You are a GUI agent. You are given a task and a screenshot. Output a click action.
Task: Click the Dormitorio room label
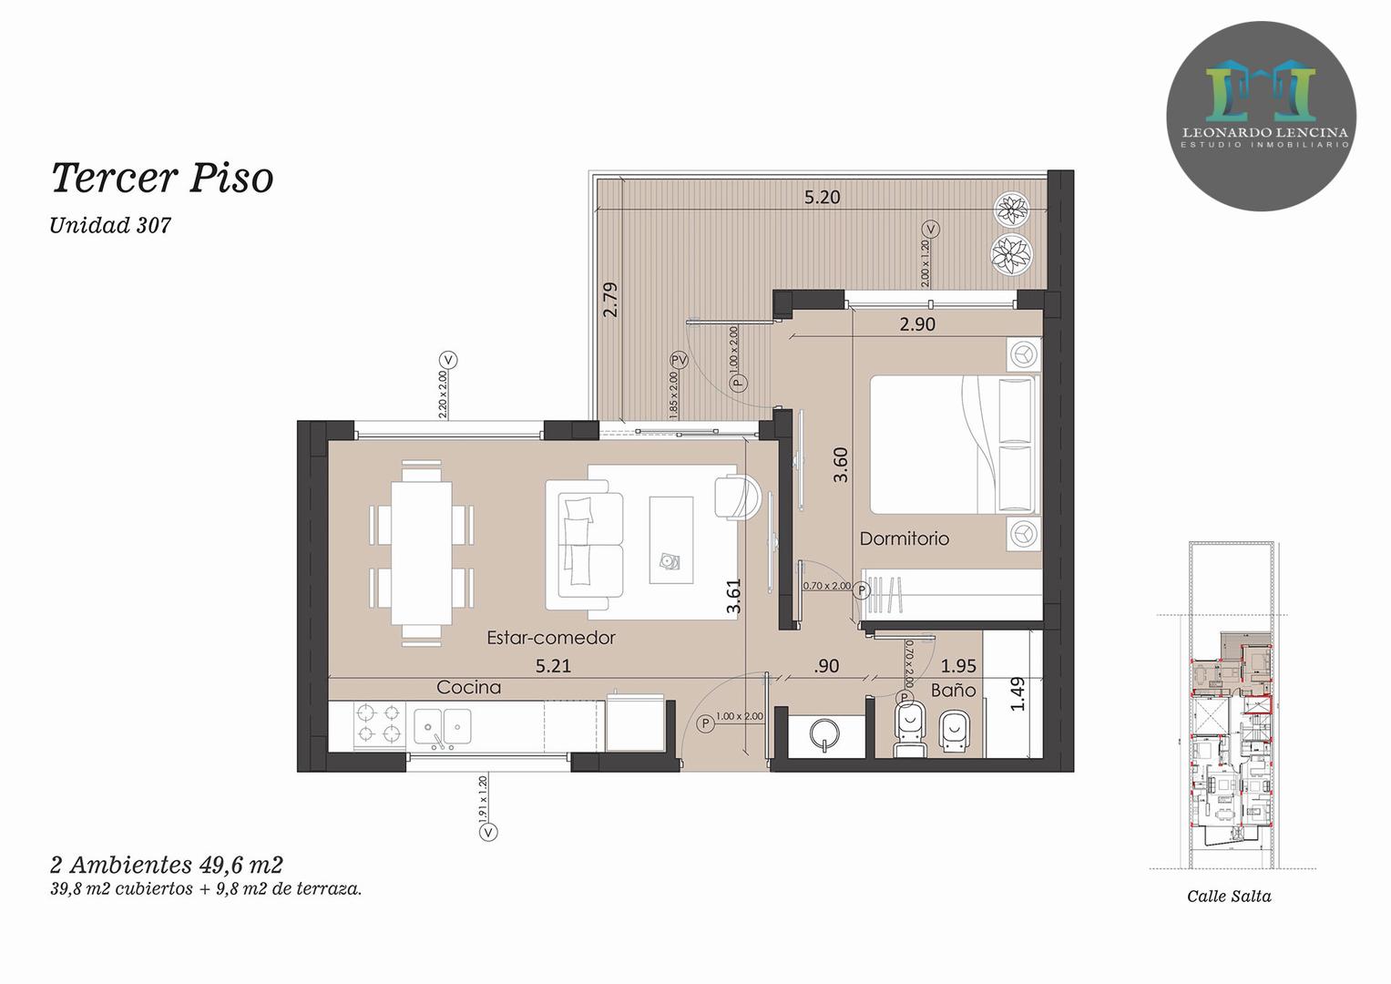click(x=905, y=538)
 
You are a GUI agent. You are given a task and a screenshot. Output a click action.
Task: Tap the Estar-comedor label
click(x=551, y=638)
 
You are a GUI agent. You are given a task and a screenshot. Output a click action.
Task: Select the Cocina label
click(x=468, y=687)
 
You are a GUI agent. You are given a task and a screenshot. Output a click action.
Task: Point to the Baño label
click(x=953, y=691)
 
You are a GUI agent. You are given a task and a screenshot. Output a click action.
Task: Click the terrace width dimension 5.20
click(x=823, y=197)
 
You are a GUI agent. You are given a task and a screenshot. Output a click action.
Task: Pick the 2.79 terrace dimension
click(x=611, y=300)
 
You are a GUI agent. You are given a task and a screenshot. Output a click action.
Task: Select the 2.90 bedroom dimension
click(x=917, y=324)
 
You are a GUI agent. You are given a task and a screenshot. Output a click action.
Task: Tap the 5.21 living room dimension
click(x=553, y=666)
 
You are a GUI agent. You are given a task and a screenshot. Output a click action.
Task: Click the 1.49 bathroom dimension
click(x=1018, y=694)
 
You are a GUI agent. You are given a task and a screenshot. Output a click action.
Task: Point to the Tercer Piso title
click(x=162, y=178)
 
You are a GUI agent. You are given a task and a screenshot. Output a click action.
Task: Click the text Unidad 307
click(x=110, y=225)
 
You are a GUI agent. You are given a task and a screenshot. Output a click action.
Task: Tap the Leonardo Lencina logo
click(x=1261, y=117)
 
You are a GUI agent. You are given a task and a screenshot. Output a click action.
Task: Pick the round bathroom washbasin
click(x=825, y=734)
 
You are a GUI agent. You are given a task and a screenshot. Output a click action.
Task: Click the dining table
click(x=422, y=553)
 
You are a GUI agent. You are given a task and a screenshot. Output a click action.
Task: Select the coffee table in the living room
click(x=671, y=539)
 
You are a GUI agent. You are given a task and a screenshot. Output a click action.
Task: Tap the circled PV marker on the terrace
click(x=680, y=360)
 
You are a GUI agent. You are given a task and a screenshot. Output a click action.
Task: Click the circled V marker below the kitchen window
click(x=488, y=832)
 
